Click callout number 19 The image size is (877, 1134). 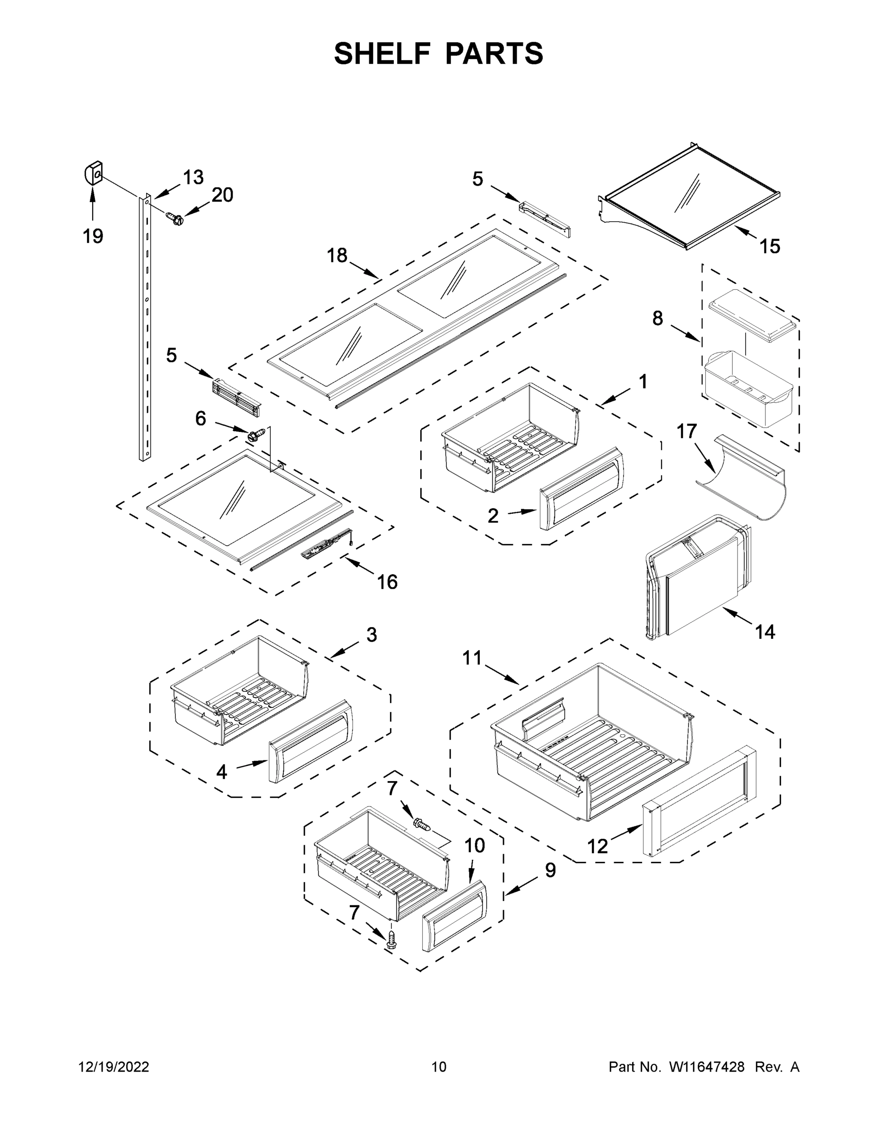tap(93, 236)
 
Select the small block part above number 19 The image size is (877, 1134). tap(93, 173)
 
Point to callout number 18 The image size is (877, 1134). tap(337, 256)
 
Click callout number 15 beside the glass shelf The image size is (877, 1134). tap(770, 246)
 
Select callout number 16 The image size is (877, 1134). tap(387, 582)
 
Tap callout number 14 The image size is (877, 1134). tap(765, 631)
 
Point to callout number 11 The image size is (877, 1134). tap(472, 658)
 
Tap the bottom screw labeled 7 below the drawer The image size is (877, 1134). tap(392, 940)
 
